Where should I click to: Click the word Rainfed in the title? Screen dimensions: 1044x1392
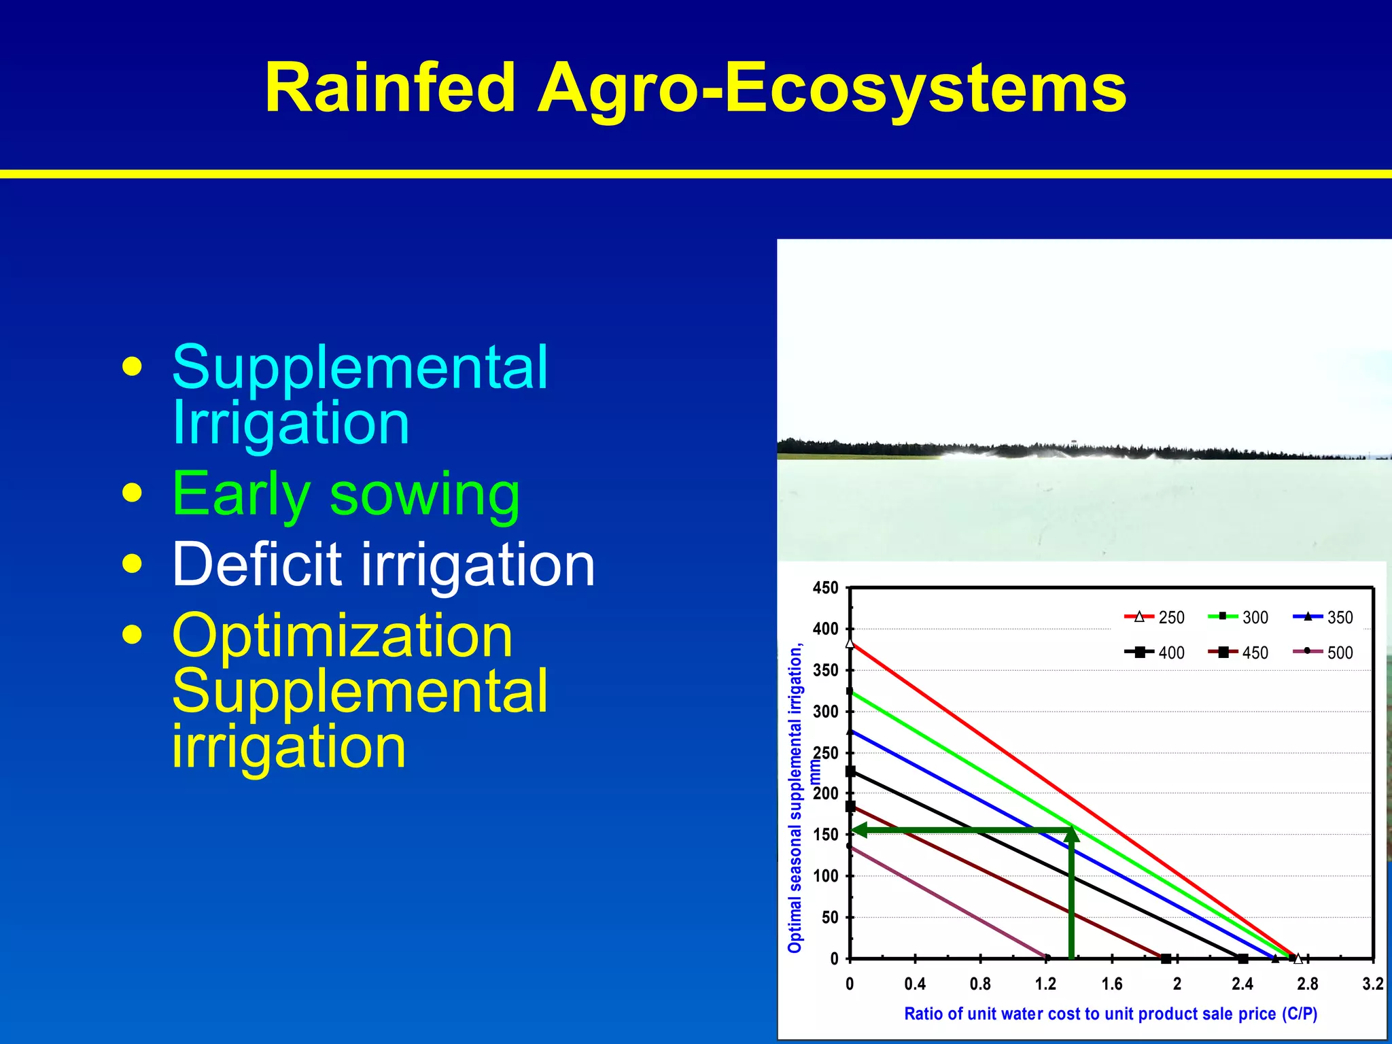click(390, 88)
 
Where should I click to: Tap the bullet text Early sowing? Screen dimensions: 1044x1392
click(346, 495)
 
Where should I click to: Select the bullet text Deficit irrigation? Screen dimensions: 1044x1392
click(383, 565)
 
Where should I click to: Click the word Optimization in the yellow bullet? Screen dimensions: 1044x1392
click(342, 636)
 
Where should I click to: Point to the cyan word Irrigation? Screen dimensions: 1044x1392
click(290, 423)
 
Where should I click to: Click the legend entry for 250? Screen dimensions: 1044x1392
click(1155, 617)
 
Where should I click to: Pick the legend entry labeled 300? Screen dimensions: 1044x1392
click(1238, 617)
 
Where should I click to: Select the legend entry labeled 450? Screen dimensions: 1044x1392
click(1238, 652)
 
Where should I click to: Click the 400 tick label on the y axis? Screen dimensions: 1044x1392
click(825, 629)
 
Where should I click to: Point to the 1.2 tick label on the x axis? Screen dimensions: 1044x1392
click(1045, 984)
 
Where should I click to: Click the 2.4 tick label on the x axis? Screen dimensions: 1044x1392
click(1242, 984)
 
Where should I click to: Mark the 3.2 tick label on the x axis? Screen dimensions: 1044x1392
click(1372, 984)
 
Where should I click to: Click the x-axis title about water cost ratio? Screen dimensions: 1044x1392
click(1110, 1014)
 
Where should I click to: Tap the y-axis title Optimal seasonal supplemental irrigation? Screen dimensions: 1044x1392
click(795, 799)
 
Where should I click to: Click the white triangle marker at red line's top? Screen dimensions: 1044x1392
click(850, 642)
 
